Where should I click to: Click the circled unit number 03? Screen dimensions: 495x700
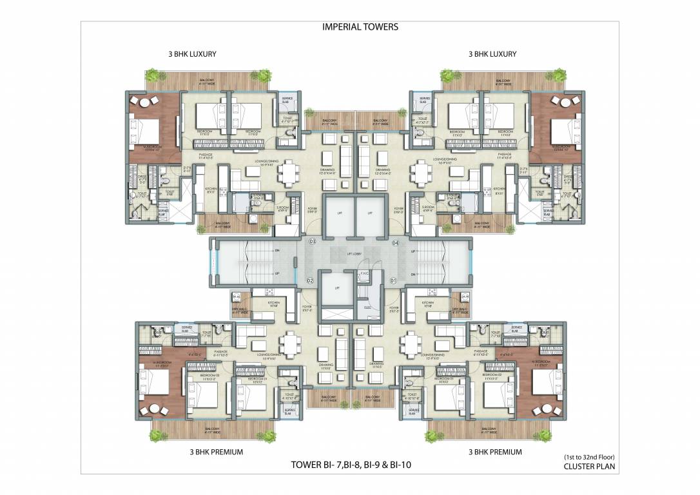312,242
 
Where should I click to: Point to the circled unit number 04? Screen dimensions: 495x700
395,242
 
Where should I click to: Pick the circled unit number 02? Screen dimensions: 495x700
309,281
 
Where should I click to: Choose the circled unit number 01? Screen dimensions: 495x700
393,281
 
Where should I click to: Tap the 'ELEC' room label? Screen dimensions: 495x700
367,307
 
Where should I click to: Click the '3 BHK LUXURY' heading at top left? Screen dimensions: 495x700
190,55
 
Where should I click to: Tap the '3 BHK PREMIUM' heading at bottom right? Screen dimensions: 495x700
495,452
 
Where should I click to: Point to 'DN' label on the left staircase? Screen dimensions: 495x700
277,250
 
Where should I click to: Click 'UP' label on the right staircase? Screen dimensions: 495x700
413,251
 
